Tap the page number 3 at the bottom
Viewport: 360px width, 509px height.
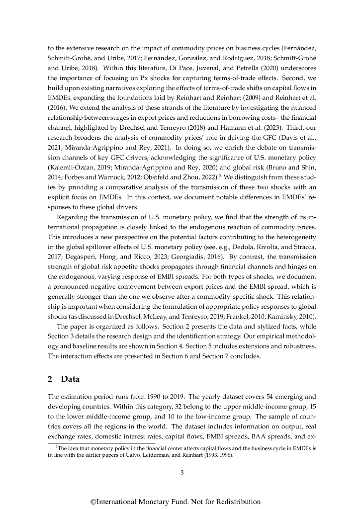(x=182, y=473)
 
